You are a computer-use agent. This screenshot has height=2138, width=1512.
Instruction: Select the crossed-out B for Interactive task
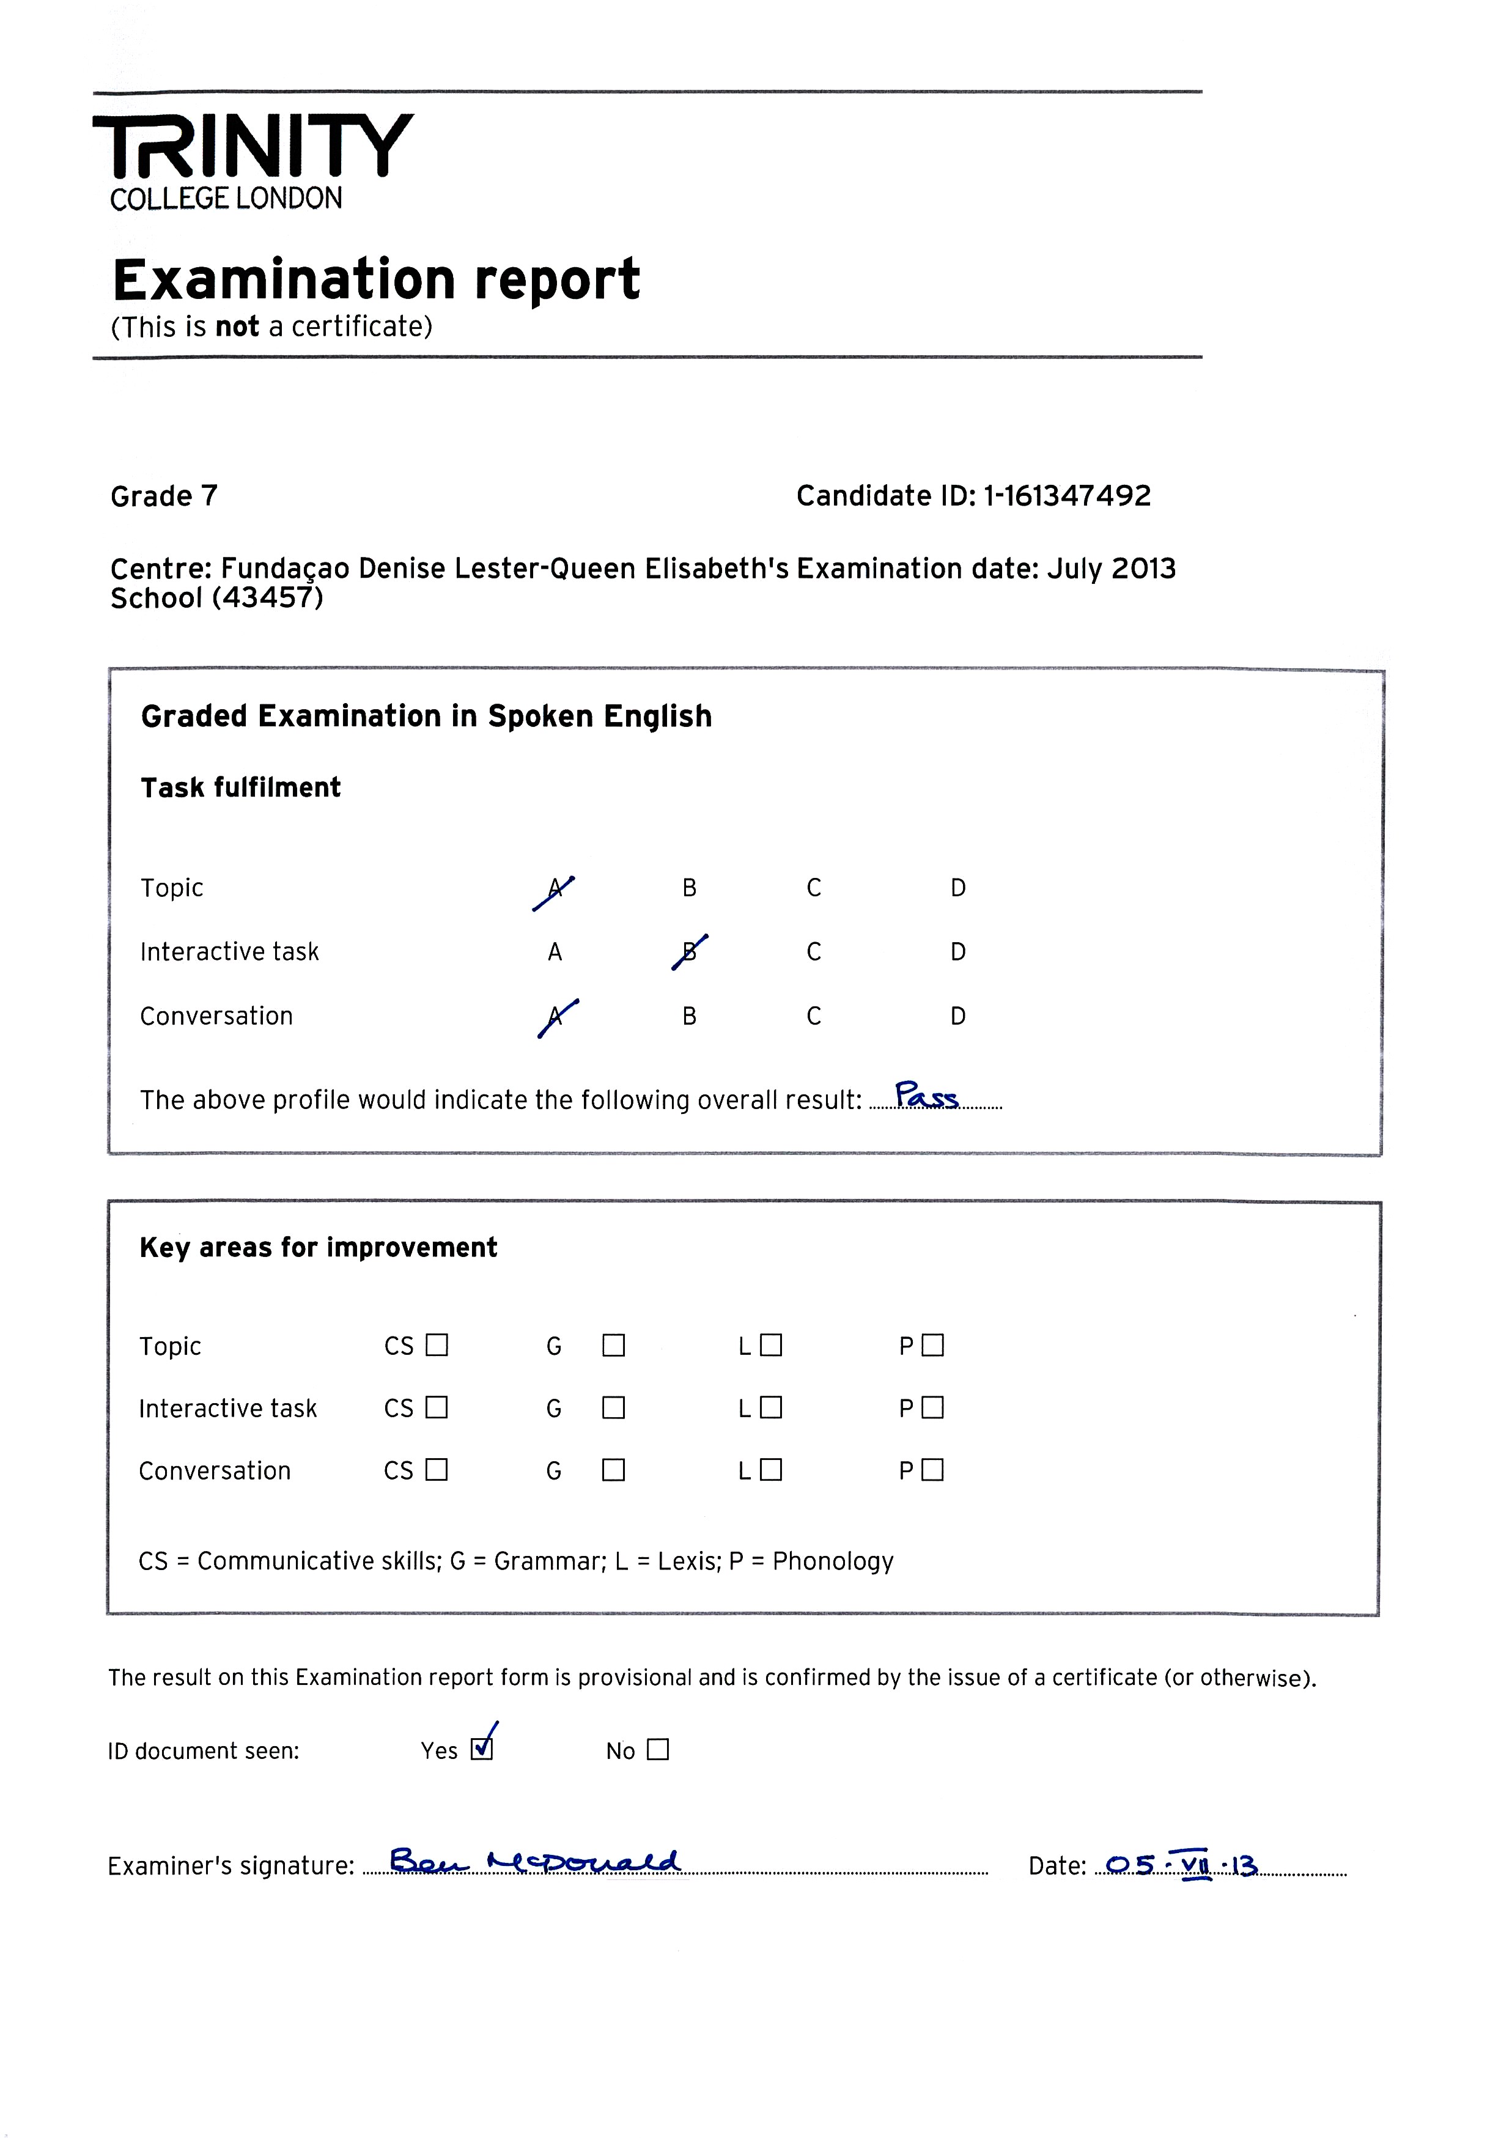coord(690,953)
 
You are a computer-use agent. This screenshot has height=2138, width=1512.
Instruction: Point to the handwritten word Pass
coord(926,1096)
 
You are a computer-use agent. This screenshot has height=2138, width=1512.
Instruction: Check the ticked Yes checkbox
coord(481,1749)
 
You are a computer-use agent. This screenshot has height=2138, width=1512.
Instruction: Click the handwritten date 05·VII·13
coord(1181,1865)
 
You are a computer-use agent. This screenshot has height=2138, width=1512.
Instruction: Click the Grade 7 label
coord(164,496)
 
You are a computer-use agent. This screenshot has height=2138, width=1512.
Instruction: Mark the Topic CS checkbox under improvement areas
coord(437,1346)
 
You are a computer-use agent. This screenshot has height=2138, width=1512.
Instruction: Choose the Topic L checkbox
coord(771,1346)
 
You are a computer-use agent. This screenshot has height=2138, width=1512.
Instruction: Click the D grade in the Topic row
coord(958,888)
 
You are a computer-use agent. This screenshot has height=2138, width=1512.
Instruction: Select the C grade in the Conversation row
coord(814,1016)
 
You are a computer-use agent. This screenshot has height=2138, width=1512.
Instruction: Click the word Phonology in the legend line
coord(833,1561)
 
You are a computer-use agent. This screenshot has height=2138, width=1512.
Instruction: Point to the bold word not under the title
coord(237,327)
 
